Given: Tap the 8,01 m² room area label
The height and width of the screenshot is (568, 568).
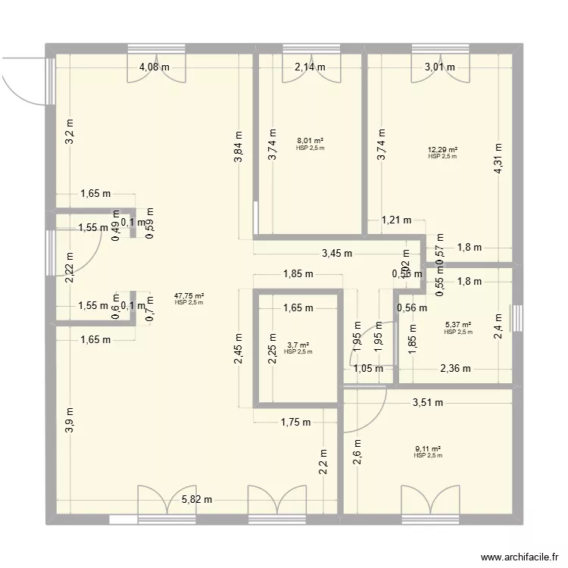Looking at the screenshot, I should click(x=311, y=141).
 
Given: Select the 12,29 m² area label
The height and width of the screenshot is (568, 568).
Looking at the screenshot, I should click(x=442, y=151).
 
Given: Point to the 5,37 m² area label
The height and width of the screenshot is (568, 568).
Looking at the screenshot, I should click(x=458, y=326).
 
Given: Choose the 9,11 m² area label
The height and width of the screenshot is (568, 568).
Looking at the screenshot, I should click(x=428, y=449).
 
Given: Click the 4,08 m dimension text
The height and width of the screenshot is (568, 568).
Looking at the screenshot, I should click(x=154, y=67).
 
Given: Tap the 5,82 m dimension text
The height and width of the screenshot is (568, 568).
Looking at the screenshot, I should click(x=197, y=500).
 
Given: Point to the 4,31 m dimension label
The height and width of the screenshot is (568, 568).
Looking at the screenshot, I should click(x=498, y=159).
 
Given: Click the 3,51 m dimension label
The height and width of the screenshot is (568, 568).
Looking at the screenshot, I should click(x=427, y=404).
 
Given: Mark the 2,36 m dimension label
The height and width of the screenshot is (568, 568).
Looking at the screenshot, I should click(x=455, y=369).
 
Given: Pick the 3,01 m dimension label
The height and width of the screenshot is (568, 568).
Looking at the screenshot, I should click(x=440, y=67).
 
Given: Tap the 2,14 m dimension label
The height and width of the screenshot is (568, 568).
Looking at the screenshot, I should click(x=310, y=67).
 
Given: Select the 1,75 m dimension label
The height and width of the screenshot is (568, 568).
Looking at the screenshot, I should click(x=295, y=423).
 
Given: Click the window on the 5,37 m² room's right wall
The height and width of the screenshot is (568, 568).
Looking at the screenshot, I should click(x=518, y=318).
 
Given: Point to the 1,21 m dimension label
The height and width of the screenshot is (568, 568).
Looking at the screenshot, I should click(x=396, y=220).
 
